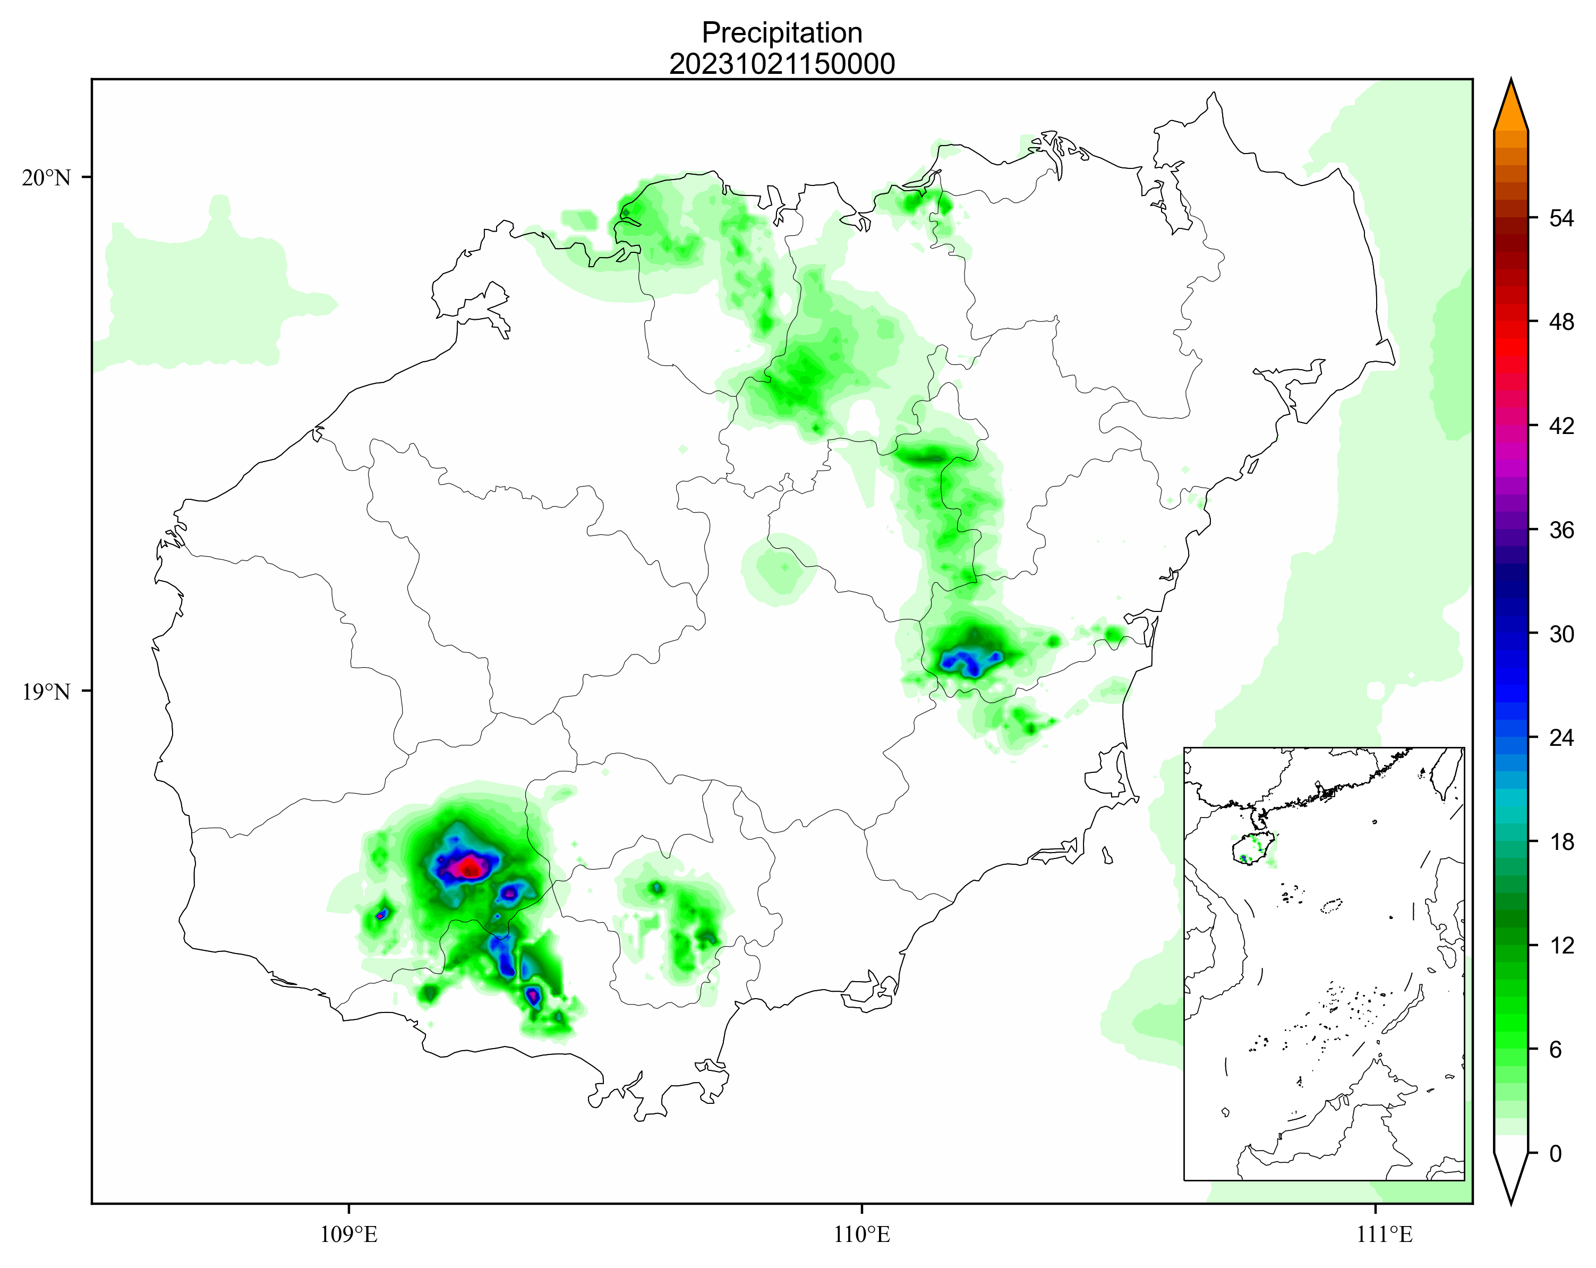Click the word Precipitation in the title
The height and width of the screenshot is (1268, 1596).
782,32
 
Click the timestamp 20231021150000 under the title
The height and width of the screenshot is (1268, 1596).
782,64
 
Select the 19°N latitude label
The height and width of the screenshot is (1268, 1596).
46,692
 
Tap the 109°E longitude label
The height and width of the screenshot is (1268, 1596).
348,1235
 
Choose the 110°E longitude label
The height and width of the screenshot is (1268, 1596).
861,1235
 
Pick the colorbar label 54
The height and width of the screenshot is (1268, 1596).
1562,218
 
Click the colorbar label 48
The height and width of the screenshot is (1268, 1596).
1562,322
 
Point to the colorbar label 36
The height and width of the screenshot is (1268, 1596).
1562,530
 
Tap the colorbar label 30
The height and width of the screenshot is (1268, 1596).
1562,634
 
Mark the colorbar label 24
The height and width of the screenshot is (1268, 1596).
1562,737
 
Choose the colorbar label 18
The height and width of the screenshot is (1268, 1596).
1562,841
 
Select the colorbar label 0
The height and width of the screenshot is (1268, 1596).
1555,1153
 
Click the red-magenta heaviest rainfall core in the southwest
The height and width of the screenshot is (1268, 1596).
468,866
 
